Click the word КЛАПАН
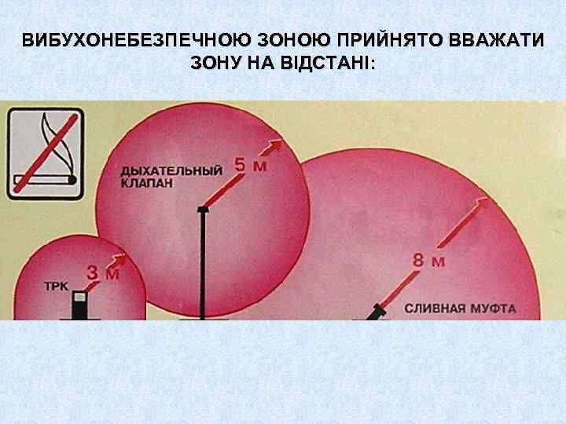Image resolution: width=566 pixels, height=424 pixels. tap(145, 183)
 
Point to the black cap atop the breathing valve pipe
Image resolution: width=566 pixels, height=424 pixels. tap(203, 209)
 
